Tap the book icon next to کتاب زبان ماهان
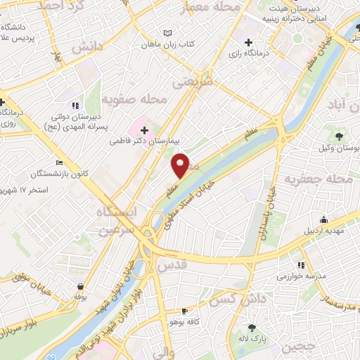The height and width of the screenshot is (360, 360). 167,33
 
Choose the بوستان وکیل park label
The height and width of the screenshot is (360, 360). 340,148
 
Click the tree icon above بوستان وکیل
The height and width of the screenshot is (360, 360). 340,136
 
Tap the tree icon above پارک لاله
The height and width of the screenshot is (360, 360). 252,328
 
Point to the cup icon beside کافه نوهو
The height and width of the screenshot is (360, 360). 185,310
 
